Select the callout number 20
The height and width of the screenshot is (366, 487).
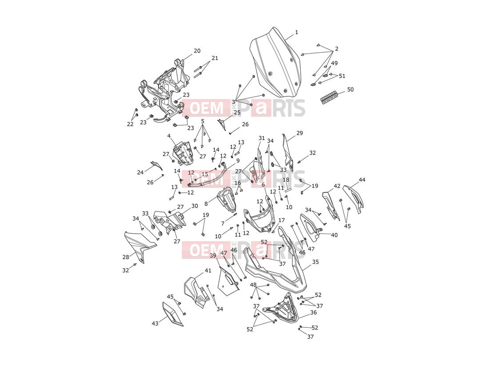(197, 51)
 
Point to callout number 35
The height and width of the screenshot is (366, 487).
(315, 262)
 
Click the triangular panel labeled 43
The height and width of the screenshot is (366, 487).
(173, 314)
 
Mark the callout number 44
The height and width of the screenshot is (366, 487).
(362, 180)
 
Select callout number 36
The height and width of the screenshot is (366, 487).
(314, 312)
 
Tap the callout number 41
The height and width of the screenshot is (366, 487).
(208, 271)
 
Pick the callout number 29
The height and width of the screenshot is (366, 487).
(299, 133)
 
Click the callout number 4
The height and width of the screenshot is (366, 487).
(169, 136)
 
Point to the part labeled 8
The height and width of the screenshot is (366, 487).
(226, 200)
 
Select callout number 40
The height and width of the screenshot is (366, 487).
(334, 235)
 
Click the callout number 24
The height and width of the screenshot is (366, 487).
(141, 172)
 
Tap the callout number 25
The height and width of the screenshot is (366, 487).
(237, 112)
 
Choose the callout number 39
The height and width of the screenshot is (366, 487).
(213, 255)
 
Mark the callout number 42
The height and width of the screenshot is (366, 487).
(337, 186)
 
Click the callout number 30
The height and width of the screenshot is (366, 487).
(194, 206)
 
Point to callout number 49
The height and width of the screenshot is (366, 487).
(334, 63)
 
